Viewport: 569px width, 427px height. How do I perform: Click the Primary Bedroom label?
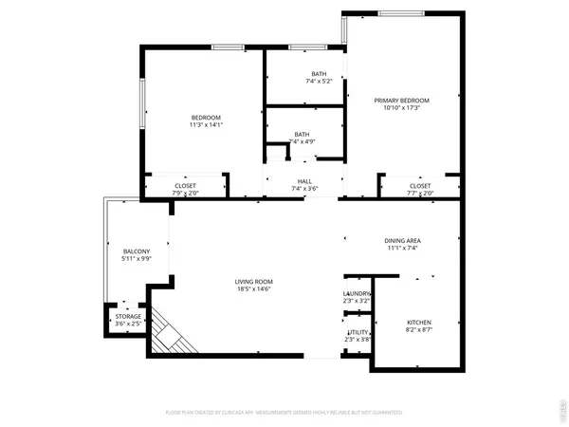[401, 101]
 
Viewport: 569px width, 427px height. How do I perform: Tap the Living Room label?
[254, 282]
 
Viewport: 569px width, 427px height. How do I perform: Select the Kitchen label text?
[418, 323]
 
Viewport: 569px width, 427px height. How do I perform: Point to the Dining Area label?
[402, 241]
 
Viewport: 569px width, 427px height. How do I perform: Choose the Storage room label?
[129, 316]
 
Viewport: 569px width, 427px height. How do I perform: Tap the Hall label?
[304, 180]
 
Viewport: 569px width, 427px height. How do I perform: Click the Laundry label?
[357, 294]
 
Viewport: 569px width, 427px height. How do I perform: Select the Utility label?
[357, 331]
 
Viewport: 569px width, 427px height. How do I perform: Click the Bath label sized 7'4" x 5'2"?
[320, 74]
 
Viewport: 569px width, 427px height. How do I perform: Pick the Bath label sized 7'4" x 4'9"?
[302, 135]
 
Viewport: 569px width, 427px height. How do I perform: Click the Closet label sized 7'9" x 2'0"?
[185, 186]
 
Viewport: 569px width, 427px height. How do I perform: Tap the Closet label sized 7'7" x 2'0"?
[420, 186]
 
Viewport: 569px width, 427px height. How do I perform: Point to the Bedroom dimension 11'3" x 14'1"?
[206, 124]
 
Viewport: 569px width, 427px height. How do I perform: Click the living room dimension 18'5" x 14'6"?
[254, 289]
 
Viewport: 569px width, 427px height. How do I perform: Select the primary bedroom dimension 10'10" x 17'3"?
[401, 108]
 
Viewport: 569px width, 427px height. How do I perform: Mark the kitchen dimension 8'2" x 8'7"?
[418, 330]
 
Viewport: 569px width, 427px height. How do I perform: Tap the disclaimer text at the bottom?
[284, 414]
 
